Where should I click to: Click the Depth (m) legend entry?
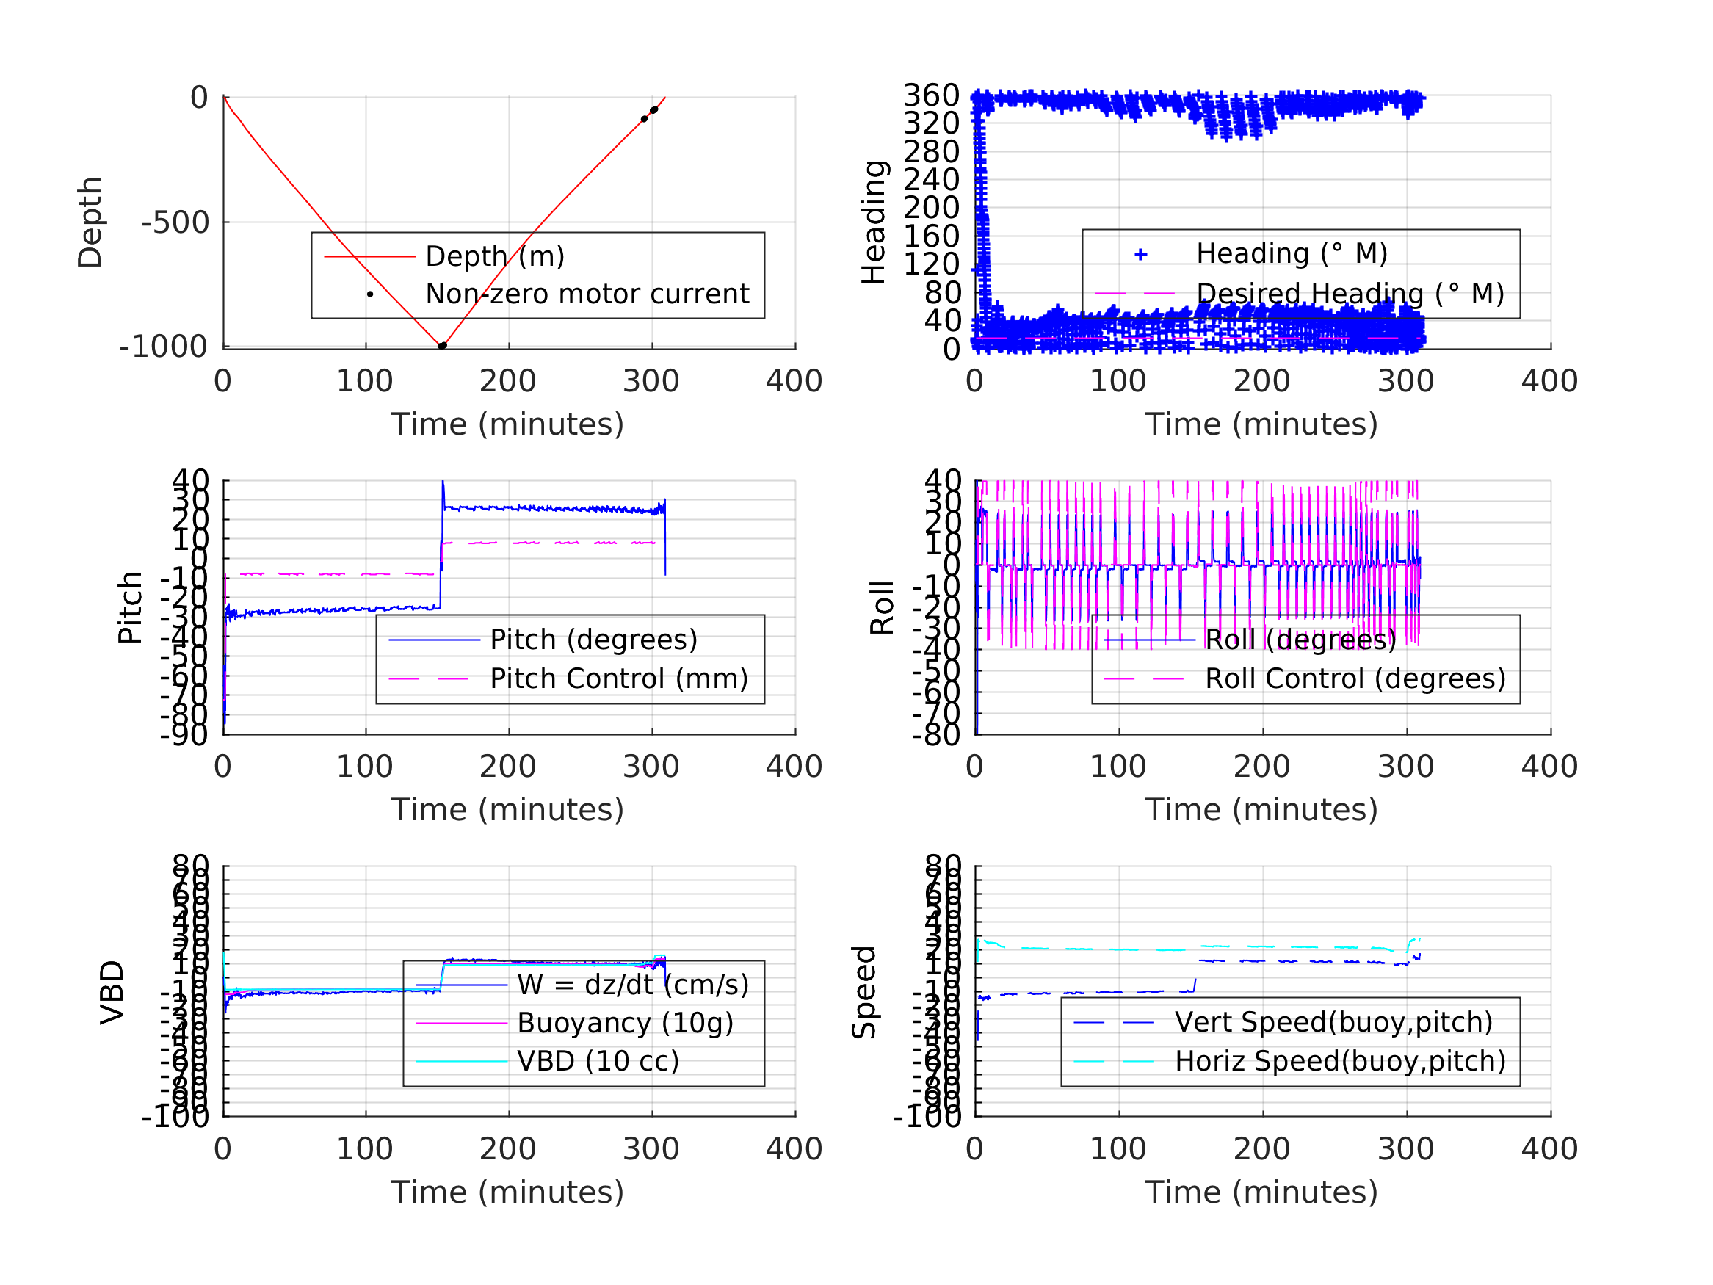point(495,256)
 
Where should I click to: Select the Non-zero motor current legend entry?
point(587,294)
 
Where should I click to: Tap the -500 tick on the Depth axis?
point(175,223)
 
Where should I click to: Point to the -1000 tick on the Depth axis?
point(164,347)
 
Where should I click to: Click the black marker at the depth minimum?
point(442,345)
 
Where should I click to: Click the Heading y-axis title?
point(874,222)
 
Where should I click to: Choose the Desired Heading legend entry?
point(1350,294)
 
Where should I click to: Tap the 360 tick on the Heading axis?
point(932,96)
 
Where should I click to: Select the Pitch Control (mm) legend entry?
point(619,679)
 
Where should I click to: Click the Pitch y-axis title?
point(130,608)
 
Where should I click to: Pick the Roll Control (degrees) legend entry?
point(1355,679)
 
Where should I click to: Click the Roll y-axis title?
point(882,608)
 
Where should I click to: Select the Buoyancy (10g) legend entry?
point(625,1023)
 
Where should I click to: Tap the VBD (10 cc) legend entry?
point(598,1061)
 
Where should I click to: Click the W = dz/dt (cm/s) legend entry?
point(633,985)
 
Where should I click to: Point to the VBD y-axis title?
point(112,993)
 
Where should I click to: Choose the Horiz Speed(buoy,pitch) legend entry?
point(1340,1061)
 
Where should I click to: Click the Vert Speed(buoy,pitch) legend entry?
point(1333,1022)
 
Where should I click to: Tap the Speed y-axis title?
point(864,993)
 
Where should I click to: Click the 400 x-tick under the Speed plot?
point(1549,1149)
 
